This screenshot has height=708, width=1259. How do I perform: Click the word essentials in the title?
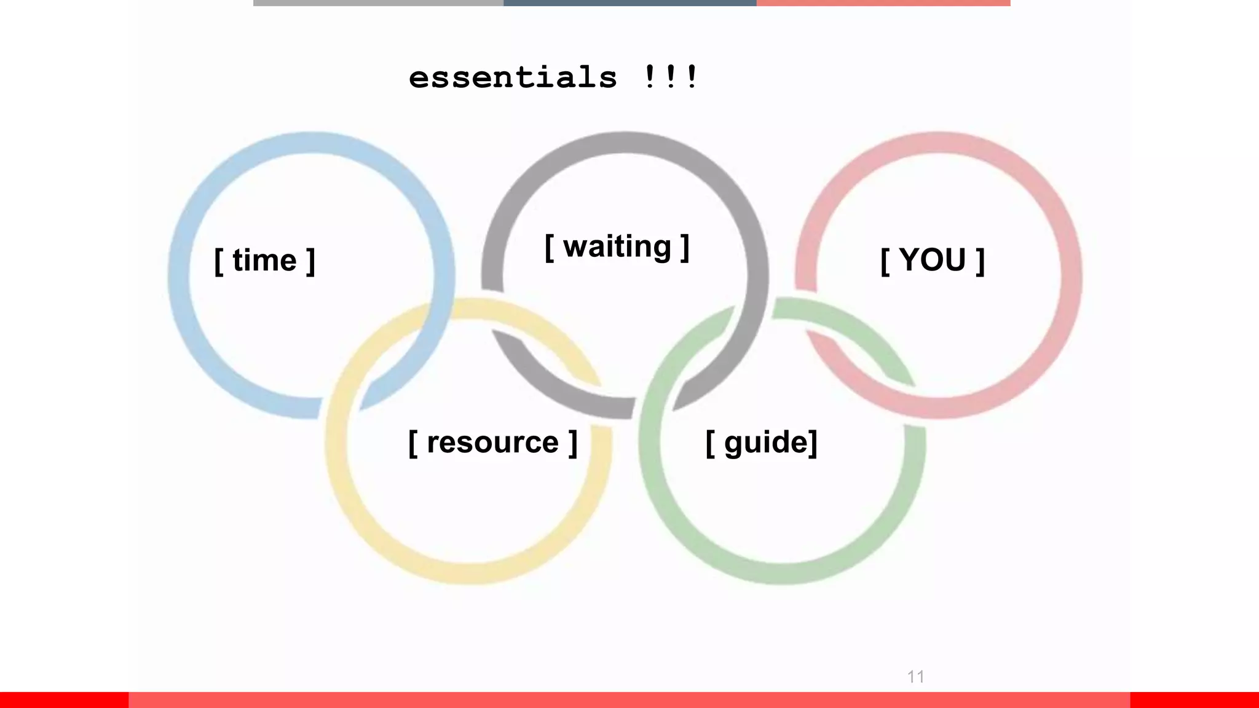(x=513, y=78)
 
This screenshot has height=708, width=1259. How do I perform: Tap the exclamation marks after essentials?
(x=671, y=77)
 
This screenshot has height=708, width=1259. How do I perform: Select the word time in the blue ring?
(x=265, y=261)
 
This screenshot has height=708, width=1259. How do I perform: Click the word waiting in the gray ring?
(x=617, y=247)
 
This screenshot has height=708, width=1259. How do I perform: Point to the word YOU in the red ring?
(x=933, y=260)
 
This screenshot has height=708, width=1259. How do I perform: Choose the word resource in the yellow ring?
(x=492, y=442)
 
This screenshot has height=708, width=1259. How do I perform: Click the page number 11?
(x=915, y=677)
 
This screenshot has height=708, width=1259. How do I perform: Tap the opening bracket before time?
(x=218, y=262)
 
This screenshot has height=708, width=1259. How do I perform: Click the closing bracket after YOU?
(x=981, y=262)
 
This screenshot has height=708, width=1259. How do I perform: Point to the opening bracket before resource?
(x=412, y=444)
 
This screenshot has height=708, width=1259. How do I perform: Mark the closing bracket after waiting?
(x=685, y=248)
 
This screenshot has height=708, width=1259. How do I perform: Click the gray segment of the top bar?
(x=378, y=3)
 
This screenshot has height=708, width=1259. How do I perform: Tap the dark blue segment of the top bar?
(x=629, y=3)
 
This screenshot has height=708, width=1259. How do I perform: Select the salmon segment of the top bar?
(x=883, y=3)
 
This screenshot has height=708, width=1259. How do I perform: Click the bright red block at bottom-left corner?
(x=64, y=699)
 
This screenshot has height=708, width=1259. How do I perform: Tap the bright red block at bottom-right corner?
(x=1194, y=699)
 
